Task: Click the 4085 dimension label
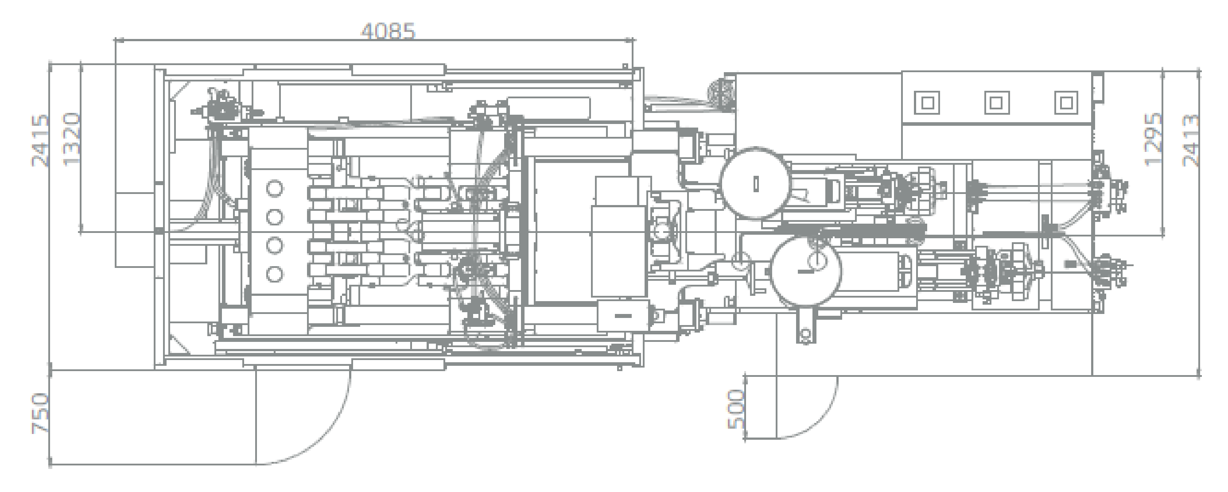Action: [388, 31]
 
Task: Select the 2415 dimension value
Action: [40, 140]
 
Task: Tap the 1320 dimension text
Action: [72, 139]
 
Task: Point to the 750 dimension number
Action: [40, 413]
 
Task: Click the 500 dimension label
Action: [737, 409]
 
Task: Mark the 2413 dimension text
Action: [1191, 139]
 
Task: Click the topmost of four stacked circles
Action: [275, 189]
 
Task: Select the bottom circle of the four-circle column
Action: [275, 274]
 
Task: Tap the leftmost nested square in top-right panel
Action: [927, 102]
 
